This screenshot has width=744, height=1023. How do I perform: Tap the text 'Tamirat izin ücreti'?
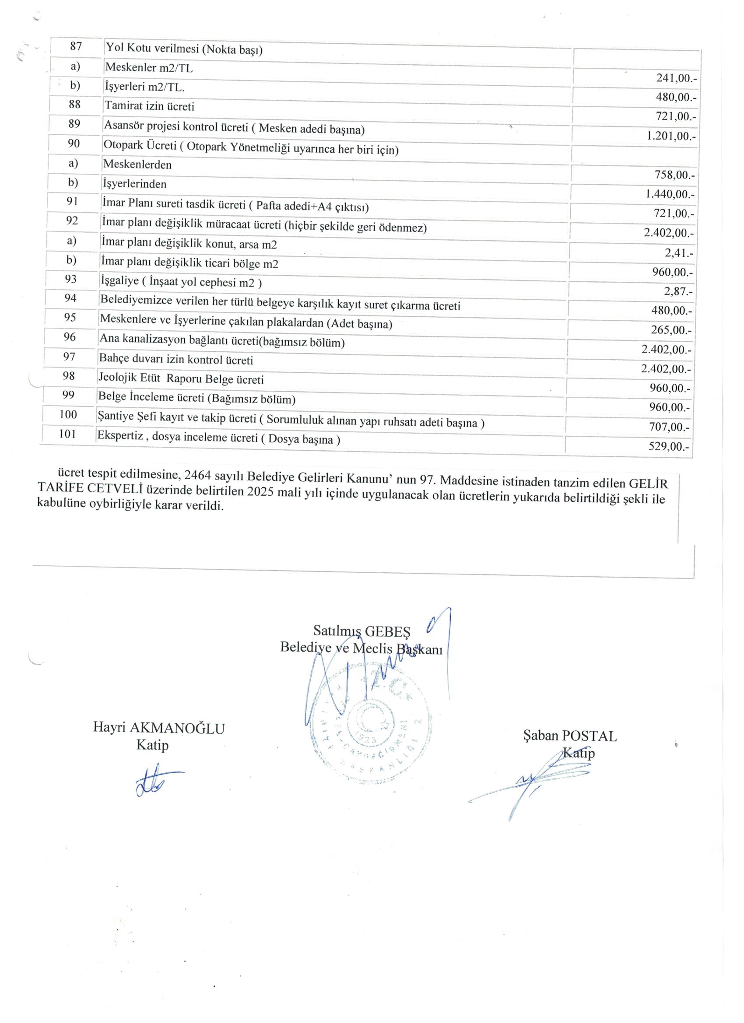[x=149, y=106]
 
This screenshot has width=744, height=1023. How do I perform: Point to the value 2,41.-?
[x=679, y=253]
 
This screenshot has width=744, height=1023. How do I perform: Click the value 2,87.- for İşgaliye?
[x=677, y=291]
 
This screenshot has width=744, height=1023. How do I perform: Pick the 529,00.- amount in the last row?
[x=669, y=447]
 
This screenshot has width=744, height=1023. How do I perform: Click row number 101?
[x=68, y=434]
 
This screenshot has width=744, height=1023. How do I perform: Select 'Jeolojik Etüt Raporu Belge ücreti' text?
[x=181, y=379]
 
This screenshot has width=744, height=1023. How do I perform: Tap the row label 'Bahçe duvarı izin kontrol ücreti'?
[x=176, y=360]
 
